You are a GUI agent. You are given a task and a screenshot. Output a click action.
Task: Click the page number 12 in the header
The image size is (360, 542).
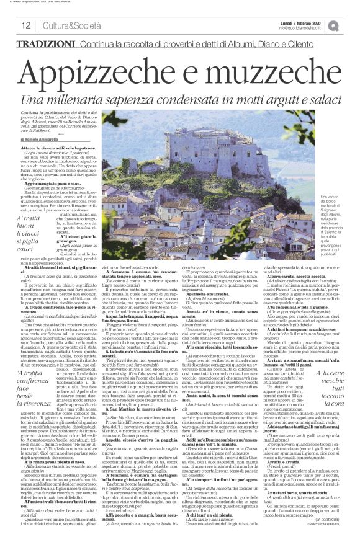(x=25, y=25)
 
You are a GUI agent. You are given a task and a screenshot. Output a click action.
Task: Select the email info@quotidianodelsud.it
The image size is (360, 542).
(x=300, y=28)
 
